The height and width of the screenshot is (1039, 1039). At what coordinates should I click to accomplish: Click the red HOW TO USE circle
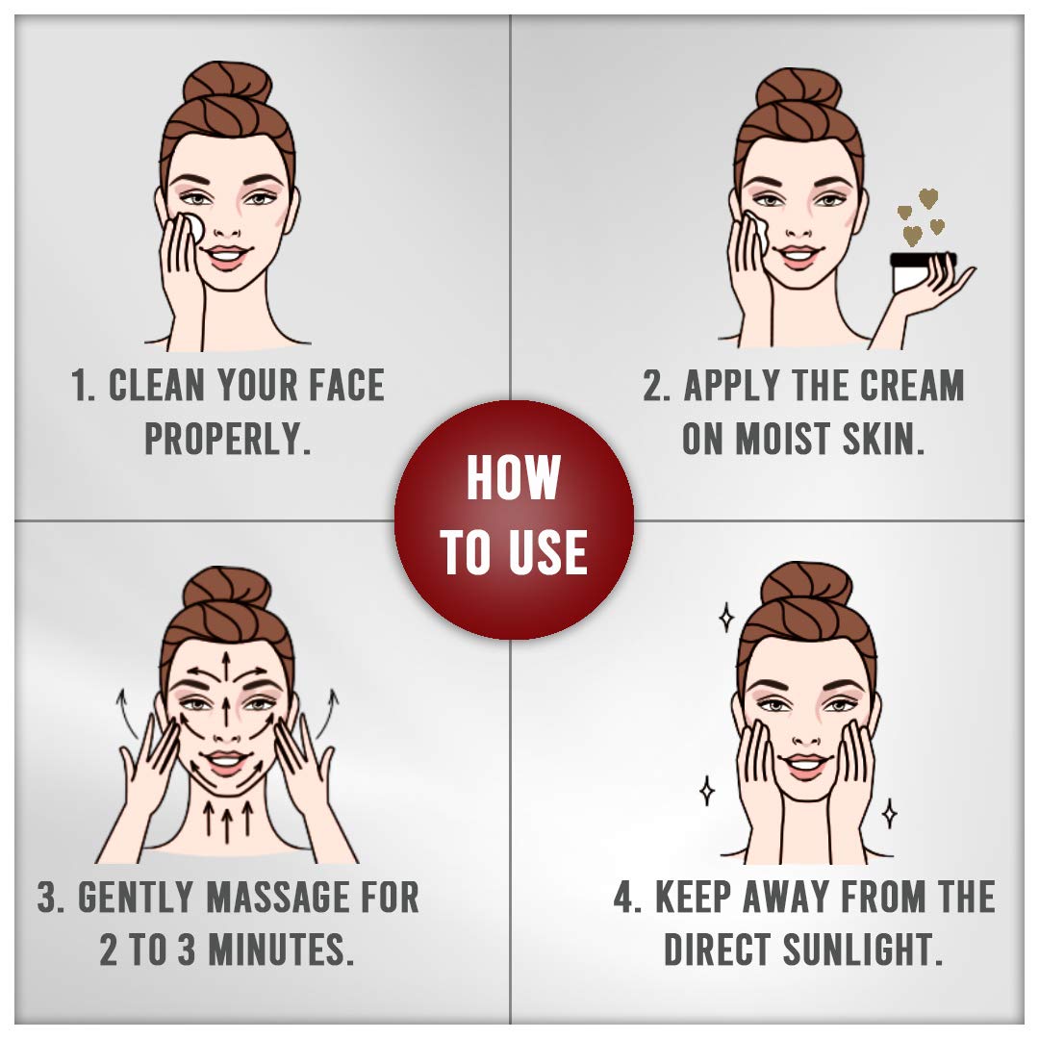point(514,519)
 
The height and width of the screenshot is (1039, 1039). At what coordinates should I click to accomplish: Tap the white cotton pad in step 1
point(193,227)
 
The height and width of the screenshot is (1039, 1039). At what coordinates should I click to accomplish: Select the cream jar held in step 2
point(921,271)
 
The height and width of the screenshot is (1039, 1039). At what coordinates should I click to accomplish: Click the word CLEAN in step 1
point(157,386)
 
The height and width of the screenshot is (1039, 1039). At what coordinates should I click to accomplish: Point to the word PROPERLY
point(228,439)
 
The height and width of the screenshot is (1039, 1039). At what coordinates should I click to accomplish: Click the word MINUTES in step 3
point(278,950)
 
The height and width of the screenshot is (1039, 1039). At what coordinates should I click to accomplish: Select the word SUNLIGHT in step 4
point(862,950)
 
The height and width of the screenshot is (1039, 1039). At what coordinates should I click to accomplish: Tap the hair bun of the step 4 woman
point(806,586)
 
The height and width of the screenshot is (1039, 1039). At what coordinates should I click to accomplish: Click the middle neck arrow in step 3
point(227,821)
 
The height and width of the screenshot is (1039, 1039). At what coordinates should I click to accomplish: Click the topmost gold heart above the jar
point(927,197)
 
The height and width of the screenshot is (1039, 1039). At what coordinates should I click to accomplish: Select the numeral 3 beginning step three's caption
point(48,898)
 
